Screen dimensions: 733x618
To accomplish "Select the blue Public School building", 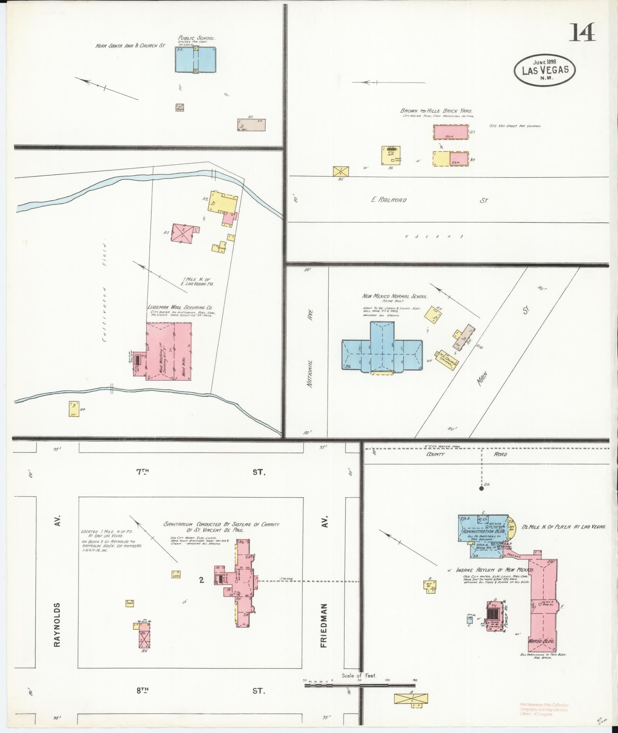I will tap(195, 59).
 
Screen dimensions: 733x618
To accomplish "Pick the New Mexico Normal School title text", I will tap(395, 296).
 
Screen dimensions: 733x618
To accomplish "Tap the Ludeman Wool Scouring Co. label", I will tap(180, 307).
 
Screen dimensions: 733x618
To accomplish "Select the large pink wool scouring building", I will tap(169, 351).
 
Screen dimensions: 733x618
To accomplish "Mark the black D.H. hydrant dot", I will tap(481, 489).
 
